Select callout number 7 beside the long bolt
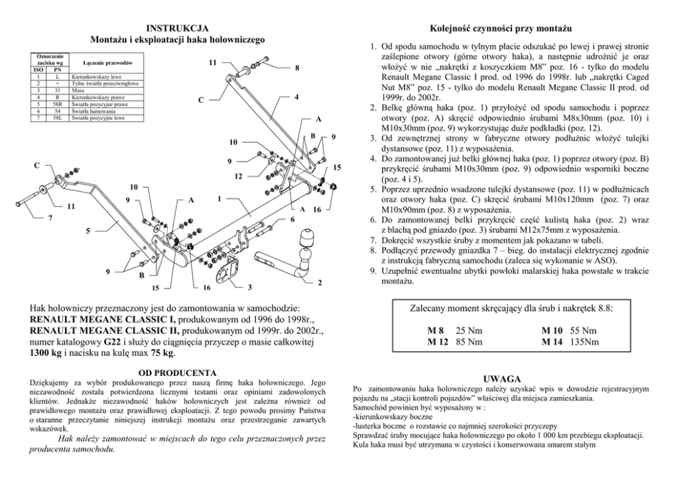(49, 219)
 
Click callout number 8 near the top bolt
(296, 68)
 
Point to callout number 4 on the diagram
(296, 97)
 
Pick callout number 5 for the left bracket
(88, 231)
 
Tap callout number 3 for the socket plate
(251, 286)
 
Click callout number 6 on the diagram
(292, 219)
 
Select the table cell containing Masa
(77, 89)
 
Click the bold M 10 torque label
(552, 330)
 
